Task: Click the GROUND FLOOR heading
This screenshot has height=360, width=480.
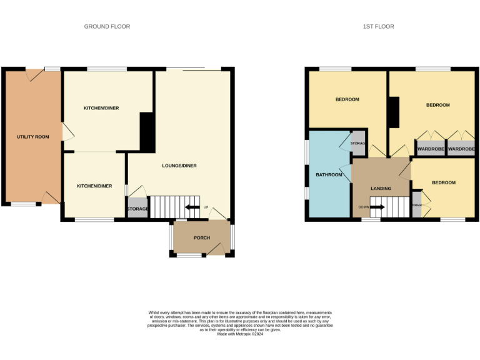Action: pos(107,26)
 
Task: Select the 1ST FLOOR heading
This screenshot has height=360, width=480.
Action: pos(378,26)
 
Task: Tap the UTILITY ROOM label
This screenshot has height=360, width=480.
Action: pos(32,136)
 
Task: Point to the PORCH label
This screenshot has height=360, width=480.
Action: pos(201,238)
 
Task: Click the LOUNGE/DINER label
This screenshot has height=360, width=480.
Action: pos(179,166)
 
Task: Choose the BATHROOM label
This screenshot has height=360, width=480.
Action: pos(329,174)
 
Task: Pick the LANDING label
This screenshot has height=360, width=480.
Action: pos(381,188)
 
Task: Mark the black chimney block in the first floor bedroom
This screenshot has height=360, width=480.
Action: pos(394,112)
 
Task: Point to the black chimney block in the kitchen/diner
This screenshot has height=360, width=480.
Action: pos(147,132)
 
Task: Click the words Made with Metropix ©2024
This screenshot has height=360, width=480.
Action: pos(240,334)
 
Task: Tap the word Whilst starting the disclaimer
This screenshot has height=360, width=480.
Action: pos(154,312)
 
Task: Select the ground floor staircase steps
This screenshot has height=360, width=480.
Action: pos(167,207)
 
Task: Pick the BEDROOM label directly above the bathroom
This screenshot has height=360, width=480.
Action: pos(347,99)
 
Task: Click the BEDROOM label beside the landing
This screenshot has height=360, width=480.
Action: pos(443,182)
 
